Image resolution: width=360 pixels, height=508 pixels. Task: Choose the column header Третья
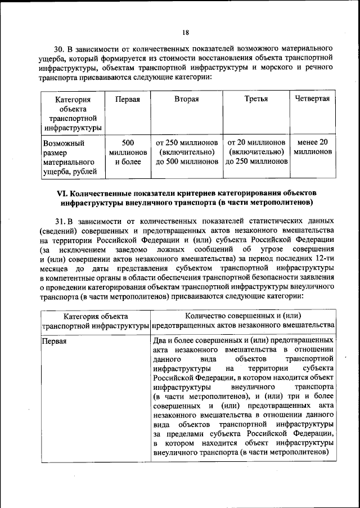(256, 99)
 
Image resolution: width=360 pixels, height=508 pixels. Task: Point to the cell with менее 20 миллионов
(312, 147)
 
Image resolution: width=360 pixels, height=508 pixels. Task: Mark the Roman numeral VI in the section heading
(62, 192)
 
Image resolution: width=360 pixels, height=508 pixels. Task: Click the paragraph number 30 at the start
(60, 47)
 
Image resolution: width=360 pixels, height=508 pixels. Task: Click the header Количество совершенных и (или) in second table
(244, 316)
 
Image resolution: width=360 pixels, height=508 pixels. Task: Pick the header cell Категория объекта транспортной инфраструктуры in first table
(73, 114)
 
